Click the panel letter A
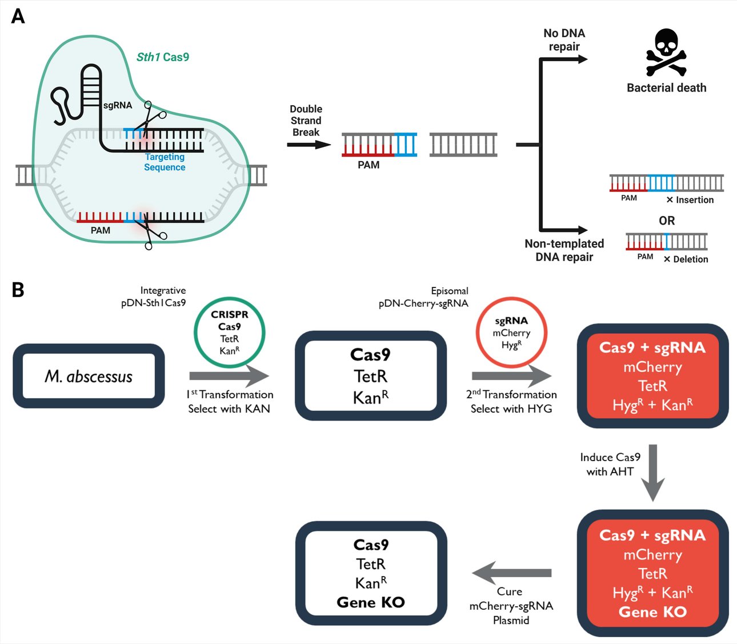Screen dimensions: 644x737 click(x=18, y=16)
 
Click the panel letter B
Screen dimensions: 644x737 click(x=18, y=290)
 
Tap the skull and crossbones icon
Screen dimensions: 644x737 click(x=666, y=53)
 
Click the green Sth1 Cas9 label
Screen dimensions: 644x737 click(x=163, y=57)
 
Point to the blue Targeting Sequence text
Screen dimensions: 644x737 click(x=165, y=162)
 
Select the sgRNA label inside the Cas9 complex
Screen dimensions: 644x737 click(x=118, y=105)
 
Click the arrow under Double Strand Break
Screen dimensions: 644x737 click(x=309, y=145)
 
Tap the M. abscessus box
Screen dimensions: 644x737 click(x=89, y=376)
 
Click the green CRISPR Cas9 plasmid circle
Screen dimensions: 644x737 click(x=229, y=333)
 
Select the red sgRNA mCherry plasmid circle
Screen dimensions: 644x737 click(x=511, y=333)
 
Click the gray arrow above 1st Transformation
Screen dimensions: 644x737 click(x=229, y=375)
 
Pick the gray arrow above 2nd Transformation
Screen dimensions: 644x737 click(x=511, y=375)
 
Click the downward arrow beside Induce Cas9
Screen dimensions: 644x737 click(x=652, y=472)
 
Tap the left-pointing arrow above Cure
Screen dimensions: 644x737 click(x=511, y=573)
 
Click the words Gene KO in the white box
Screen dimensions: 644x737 click(x=371, y=602)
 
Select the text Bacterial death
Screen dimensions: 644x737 click(x=666, y=88)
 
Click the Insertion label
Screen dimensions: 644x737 click(x=694, y=200)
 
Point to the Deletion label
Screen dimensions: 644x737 click(x=690, y=259)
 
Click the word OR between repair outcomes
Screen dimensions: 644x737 click(x=667, y=221)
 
